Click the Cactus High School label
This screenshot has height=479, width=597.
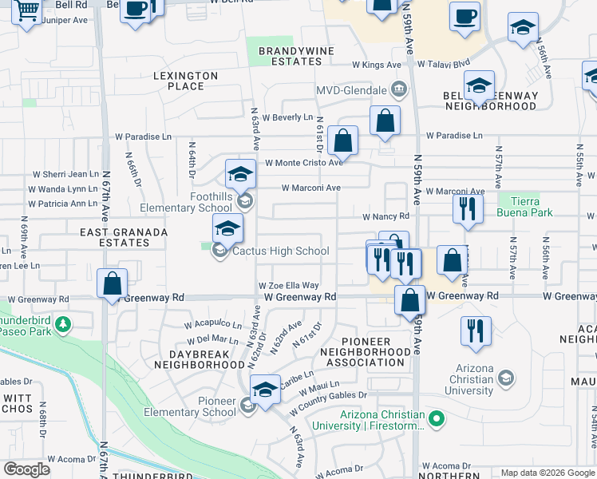coord(280,251)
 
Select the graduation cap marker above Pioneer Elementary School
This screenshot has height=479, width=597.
coord(265,390)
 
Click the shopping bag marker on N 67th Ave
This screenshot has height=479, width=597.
coord(113,283)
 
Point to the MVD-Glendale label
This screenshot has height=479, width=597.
coord(351,90)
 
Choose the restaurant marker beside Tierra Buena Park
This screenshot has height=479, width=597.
coord(468,209)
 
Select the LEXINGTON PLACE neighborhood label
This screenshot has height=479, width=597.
coord(185,81)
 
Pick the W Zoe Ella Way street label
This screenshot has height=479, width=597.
coord(288,286)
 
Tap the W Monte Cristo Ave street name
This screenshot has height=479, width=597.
coord(303,162)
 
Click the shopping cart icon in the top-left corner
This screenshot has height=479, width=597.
coord(28,12)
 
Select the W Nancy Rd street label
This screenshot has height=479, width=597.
coord(385,216)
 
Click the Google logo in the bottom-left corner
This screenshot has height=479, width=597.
coord(27,469)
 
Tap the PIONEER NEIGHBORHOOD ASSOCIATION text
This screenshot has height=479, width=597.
coord(375,351)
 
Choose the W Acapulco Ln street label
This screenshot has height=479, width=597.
coord(213,325)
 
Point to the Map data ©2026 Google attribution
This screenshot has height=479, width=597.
coord(547,473)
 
